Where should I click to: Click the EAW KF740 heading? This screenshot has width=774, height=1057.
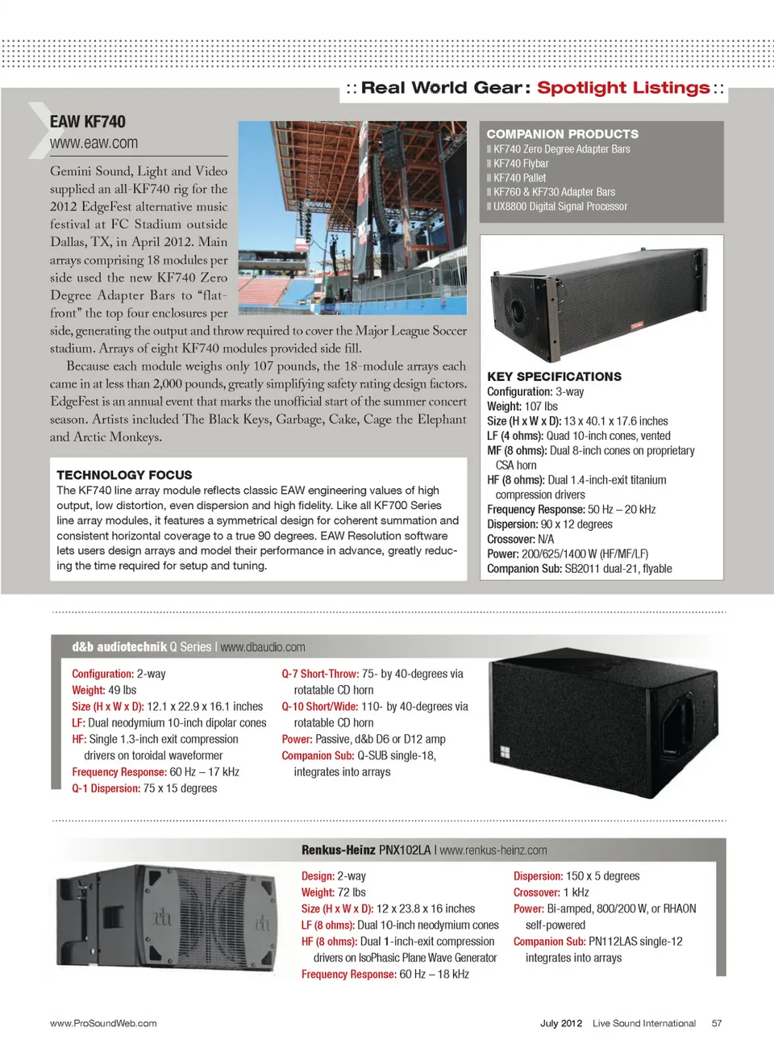(88, 122)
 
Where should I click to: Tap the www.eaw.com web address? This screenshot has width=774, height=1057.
(94, 144)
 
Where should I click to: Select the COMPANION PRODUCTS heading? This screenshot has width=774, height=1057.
(562, 134)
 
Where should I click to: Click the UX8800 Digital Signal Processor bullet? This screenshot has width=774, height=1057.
(560, 207)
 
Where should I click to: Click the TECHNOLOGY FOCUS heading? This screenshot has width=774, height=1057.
(124, 475)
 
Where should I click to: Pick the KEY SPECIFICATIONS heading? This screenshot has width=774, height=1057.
(554, 377)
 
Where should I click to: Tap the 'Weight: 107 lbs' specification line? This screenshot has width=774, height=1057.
(522, 407)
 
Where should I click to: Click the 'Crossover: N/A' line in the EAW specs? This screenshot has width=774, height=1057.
(520, 539)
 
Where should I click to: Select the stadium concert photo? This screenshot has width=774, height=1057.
(352, 218)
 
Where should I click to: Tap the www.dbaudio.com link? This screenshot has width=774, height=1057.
(263, 647)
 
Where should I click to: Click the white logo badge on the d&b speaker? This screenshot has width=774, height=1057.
(505, 752)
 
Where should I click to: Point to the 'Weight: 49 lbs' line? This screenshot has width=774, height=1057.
(104, 691)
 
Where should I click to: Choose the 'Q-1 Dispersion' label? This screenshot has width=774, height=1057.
(106, 788)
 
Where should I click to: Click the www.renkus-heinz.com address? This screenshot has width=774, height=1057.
(493, 850)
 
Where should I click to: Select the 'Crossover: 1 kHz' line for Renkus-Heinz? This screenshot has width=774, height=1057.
(551, 892)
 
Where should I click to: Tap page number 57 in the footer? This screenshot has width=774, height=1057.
(717, 1023)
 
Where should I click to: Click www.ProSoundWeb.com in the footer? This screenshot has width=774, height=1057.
(103, 1023)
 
